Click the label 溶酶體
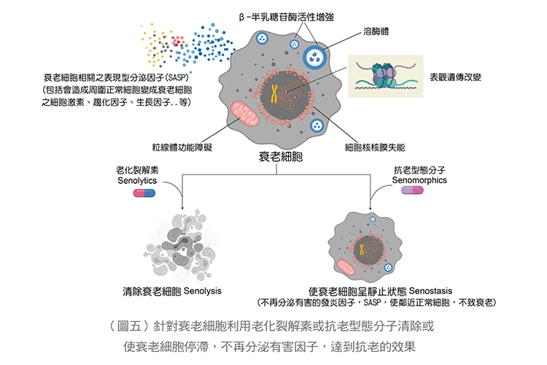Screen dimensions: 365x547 click(x=377, y=33)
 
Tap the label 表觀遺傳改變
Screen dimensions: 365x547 click(x=458, y=76)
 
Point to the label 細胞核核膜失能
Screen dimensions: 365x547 click(x=375, y=146)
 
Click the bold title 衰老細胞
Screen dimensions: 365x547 click(x=281, y=158)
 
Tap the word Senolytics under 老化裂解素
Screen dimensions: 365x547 click(x=137, y=180)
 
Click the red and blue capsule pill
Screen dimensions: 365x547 click(x=145, y=193)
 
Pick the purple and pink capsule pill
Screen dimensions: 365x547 click(x=412, y=191)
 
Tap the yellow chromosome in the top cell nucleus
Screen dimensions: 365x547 click(x=274, y=93)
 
